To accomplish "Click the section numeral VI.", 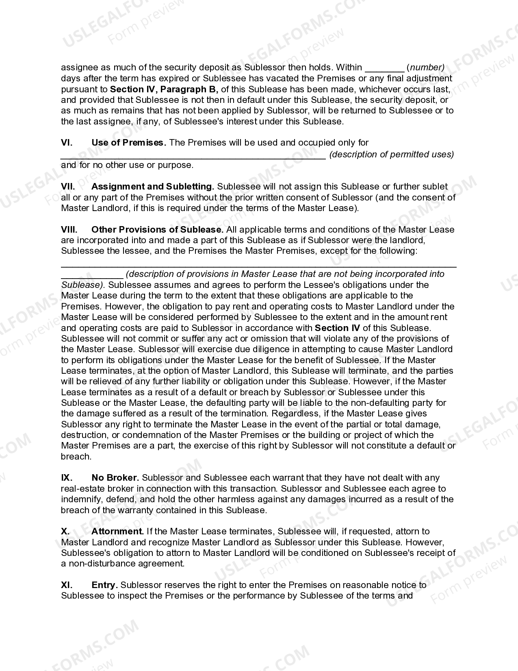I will [67, 143].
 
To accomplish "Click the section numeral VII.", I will [68, 187].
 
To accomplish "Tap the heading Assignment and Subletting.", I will [153, 187].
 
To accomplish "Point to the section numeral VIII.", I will [69, 230].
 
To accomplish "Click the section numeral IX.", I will [67, 478].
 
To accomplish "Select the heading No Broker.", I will [115, 478].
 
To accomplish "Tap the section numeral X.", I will [65, 532].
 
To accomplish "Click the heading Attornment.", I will [117, 532].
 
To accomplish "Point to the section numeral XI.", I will [67, 585].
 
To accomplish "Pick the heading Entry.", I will [105, 585].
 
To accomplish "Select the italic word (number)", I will [426, 68].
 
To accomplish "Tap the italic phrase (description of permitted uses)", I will [391, 155].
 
